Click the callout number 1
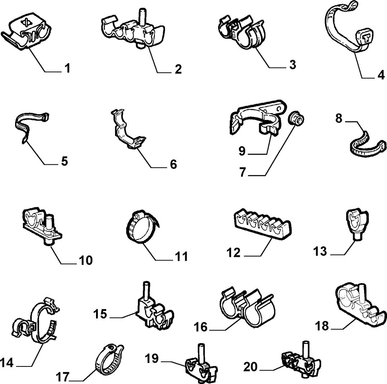click(67, 68)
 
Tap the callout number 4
click(381, 75)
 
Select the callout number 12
click(234, 253)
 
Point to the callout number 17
click(63, 377)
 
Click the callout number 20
click(250, 367)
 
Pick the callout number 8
click(339, 118)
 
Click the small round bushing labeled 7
click(296, 119)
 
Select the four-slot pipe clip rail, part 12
click(263, 224)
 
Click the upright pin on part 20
click(306, 349)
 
